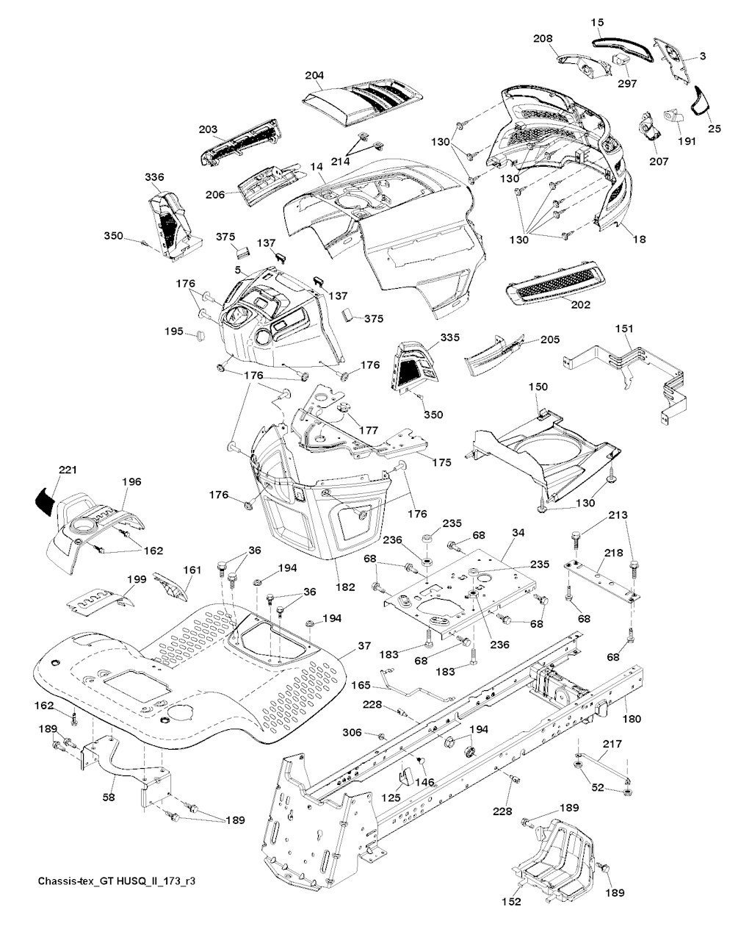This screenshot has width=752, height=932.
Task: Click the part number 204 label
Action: (314, 75)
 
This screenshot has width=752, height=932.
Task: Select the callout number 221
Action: (67, 470)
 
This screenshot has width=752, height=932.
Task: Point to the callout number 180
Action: (632, 718)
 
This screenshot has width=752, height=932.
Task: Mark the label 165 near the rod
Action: (361, 685)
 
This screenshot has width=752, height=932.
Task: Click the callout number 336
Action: (155, 176)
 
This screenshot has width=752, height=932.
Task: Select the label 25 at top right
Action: (715, 129)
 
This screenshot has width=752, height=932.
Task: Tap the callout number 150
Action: (538, 387)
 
